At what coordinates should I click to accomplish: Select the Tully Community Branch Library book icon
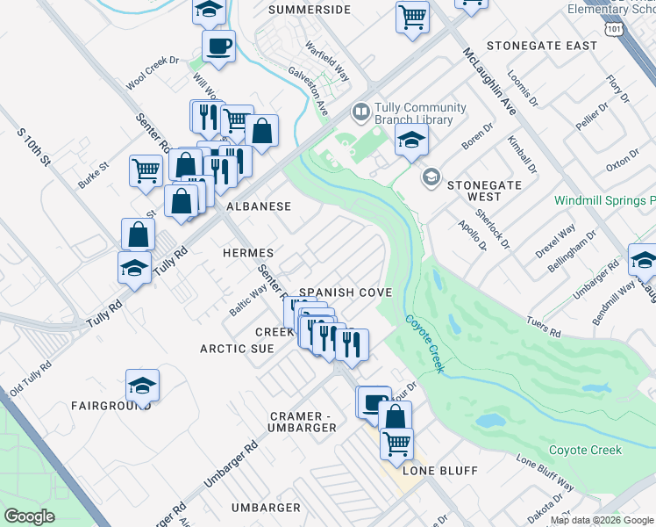pos(360,112)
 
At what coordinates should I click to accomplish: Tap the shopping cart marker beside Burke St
pos(146,170)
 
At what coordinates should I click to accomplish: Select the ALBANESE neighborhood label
pos(259,206)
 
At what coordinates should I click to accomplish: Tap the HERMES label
pos(249,252)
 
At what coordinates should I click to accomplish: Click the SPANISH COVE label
pos(346,292)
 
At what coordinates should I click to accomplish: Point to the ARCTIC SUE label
pos(237,349)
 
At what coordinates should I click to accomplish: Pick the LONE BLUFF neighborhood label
pos(439,471)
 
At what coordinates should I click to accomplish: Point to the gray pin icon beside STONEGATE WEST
pos(431,177)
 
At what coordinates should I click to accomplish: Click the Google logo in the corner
pos(29,516)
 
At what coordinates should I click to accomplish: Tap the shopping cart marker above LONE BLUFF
pos(396,443)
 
